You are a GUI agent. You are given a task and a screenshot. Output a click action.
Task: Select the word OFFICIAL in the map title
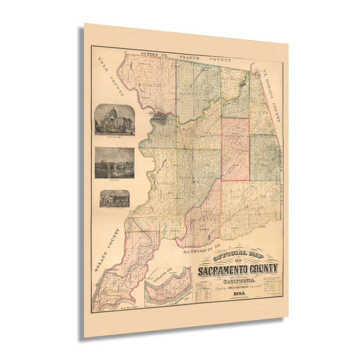[x=223, y=256]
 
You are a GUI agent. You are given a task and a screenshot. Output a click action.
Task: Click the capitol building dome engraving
[x=114, y=120]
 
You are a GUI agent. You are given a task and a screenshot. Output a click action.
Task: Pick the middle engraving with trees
[x=114, y=162]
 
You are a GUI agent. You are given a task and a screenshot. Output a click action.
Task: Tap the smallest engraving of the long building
[x=114, y=198]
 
